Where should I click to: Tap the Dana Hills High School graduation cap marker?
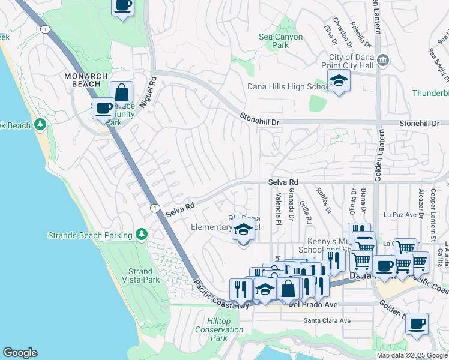[339, 81]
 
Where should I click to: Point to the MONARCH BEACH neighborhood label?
[86, 80]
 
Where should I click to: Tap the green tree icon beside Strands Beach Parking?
[142, 233]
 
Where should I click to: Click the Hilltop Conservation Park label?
[219, 329]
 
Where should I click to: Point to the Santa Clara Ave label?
[327, 321]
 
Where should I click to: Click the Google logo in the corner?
[20, 353]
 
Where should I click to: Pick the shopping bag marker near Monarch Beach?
[121, 93]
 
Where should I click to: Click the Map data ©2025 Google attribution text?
[412, 355]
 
